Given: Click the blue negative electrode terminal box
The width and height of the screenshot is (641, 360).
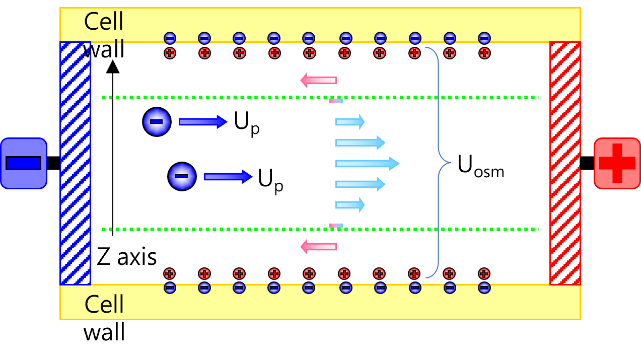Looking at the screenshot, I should [24, 163].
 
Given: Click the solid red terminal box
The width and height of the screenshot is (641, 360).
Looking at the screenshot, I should [617, 163].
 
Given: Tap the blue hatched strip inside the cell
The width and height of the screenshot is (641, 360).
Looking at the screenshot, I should [76, 163].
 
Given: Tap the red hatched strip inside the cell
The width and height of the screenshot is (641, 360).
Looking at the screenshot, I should [565, 163].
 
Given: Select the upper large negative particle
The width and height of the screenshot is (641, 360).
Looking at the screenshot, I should [157, 122].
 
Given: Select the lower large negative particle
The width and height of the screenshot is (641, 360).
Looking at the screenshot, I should [182, 176].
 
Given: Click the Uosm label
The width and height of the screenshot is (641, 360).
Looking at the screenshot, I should [480, 167].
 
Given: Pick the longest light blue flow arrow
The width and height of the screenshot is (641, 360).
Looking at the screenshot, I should [367, 163].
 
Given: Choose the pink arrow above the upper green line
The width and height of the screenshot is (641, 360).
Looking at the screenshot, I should [319, 80].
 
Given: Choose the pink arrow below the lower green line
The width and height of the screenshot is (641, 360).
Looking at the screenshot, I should [319, 247].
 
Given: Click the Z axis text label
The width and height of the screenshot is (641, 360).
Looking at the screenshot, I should [127, 257].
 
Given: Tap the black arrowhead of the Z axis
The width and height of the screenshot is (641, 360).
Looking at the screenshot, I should [113, 66].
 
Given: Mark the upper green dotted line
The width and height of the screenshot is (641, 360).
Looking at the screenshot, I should [320, 97].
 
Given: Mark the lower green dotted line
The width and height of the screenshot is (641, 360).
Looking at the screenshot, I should [320, 229].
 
